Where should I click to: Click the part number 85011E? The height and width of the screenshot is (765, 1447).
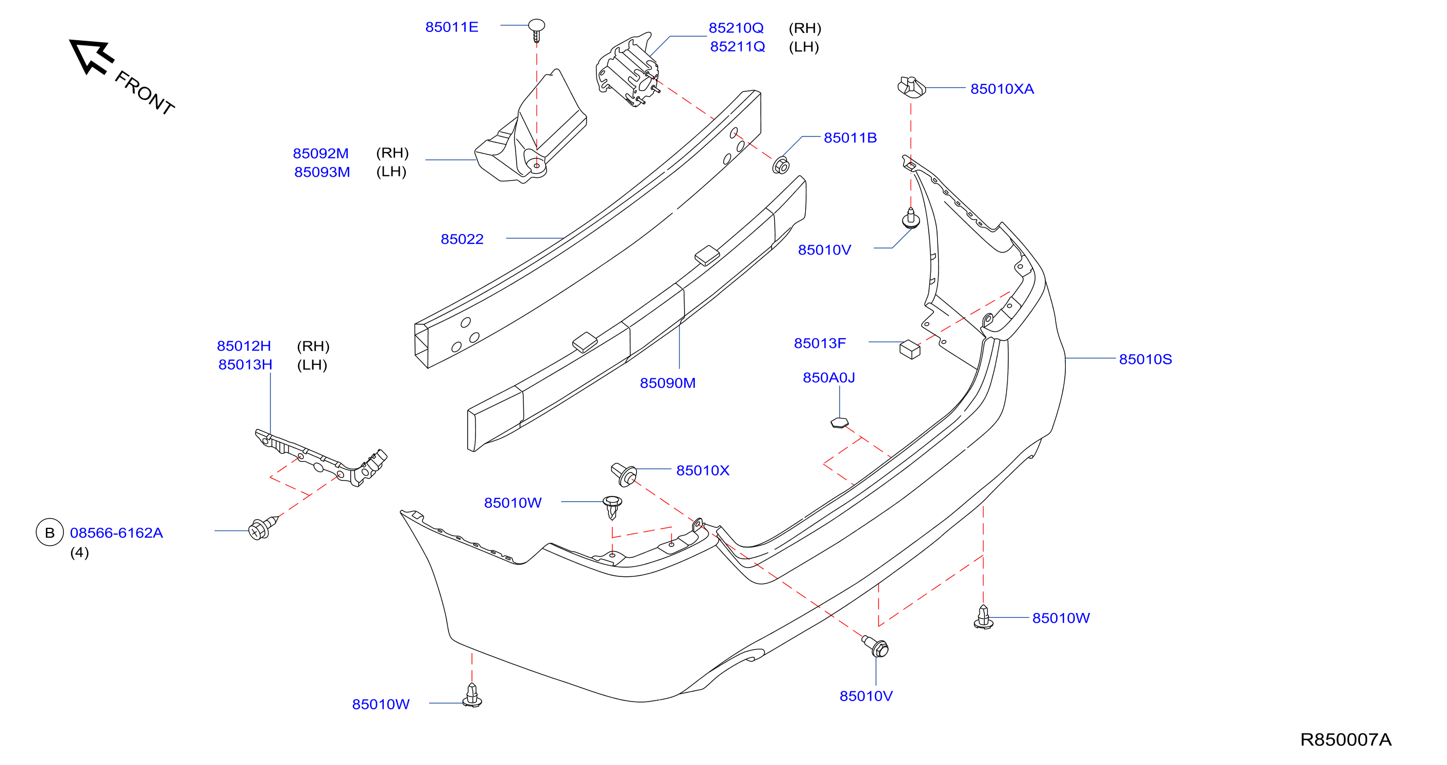tap(452, 27)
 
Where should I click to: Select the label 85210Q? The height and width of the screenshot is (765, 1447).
tap(736, 28)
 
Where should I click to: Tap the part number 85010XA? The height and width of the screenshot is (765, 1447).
tap(1002, 89)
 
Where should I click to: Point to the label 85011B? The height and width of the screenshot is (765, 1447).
tap(850, 138)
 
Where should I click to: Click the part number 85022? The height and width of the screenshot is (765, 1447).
tap(462, 239)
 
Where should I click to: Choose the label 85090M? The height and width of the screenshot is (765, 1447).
tap(667, 384)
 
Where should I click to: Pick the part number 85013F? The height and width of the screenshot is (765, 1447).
tap(820, 343)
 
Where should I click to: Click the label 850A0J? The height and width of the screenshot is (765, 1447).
tap(828, 378)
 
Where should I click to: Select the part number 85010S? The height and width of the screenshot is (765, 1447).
tap(1145, 359)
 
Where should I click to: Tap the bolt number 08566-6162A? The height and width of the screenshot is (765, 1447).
tap(116, 533)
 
